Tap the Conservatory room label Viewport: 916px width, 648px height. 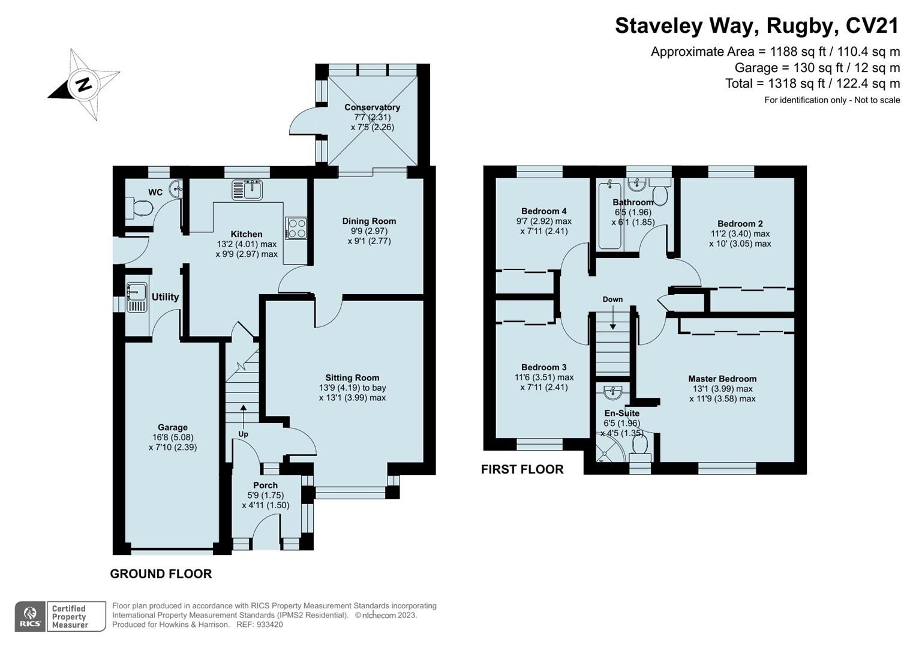click(372, 107)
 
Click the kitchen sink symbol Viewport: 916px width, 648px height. click(247, 190)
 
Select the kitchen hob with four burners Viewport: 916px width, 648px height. click(296, 227)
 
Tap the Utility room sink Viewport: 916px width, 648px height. click(136, 296)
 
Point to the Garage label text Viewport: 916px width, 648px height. click(173, 427)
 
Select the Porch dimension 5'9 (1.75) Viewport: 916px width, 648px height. click(265, 496)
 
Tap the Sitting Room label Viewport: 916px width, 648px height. click(352, 377)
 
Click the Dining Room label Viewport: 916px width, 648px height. click(369, 221)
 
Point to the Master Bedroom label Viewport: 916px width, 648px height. click(722, 379)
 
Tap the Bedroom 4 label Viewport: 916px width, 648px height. click(543, 211)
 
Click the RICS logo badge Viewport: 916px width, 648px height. click(30, 616)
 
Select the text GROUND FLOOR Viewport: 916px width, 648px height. click(161, 574)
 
